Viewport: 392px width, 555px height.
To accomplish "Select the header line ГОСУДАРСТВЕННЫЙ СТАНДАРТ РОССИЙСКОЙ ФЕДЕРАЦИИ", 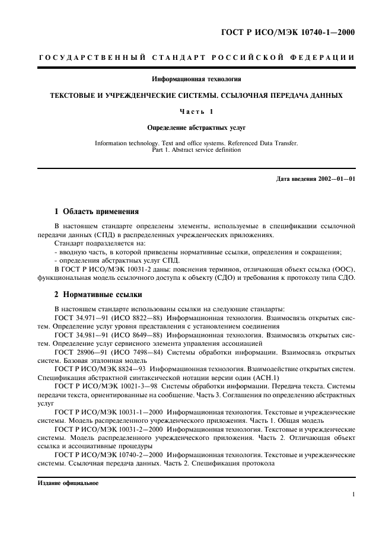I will [196, 58].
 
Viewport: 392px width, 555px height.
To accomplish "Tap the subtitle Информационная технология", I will [196, 79].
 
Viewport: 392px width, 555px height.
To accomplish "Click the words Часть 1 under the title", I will [196, 111].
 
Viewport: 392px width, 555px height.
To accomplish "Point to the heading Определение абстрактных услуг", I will [196, 127].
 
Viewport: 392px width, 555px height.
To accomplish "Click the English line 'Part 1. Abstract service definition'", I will [196, 150].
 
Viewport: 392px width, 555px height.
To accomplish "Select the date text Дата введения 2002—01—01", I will [315, 178].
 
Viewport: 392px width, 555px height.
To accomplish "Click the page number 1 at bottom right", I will [353, 493].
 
